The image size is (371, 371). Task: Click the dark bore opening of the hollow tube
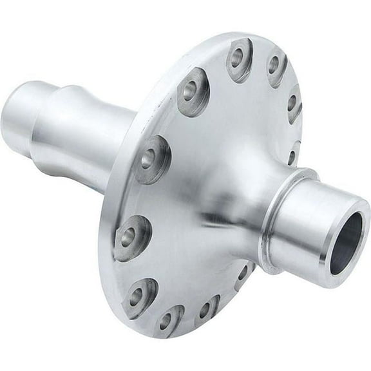[346, 243]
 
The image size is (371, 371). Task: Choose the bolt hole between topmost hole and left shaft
[193, 90]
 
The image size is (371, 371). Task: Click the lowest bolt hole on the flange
[169, 320]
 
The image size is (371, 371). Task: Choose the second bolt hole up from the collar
[292, 103]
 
